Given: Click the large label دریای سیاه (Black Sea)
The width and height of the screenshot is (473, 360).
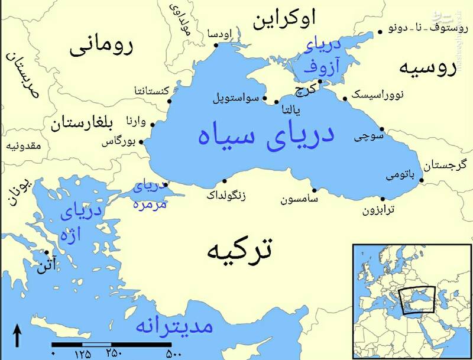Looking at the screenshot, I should click(x=266, y=135).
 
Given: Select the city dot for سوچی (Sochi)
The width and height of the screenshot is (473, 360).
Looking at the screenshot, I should click(x=382, y=129).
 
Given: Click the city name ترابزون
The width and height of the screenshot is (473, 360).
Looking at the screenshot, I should click(x=378, y=210).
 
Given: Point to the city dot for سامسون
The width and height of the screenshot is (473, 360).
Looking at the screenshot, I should click(x=314, y=190).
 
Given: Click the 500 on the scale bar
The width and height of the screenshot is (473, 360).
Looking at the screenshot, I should click(x=173, y=353).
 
